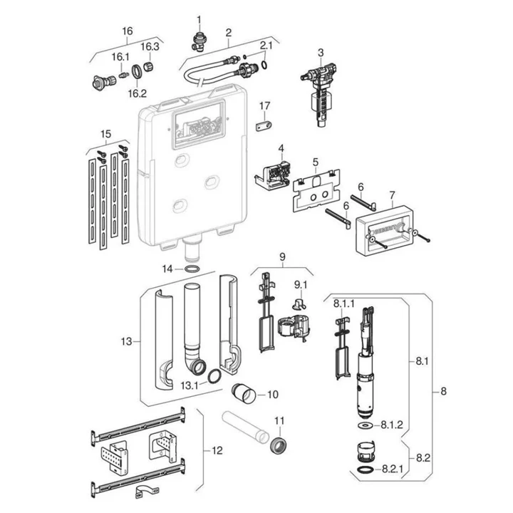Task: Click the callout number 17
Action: pyautogui.click(x=264, y=105)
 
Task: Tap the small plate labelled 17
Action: pyautogui.click(x=264, y=125)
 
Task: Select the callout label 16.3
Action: pyautogui.click(x=150, y=47)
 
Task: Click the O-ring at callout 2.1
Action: pyautogui.click(x=264, y=65)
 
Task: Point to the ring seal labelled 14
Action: pyautogui.click(x=192, y=269)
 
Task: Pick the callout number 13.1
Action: pyautogui.click(x=190, y=385)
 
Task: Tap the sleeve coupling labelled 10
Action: pyautogui.click(x=244, y=393)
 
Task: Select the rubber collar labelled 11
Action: pyautogui.click(x=279, y=442)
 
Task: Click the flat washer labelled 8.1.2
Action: pyautogui.click(x=365, y=425)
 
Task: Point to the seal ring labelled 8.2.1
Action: pyautogui.click(x=365, y=470)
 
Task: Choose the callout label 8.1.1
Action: pyautogui.click(x=344, y=304)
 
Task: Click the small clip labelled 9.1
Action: pyautogui.click(x=298, y=304)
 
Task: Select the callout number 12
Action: pyautogui.click(x=217, y=450)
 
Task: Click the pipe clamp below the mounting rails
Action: pyautogui.click(x=147, y=492)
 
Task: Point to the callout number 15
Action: pyautogui.click(x=105, y=134)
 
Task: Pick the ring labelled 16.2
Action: pyautogui.click(x=137, y=71)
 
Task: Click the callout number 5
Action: pyautogui.click(x=315, y=162)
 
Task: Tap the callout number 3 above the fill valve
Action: pyautogui.click(x=321, y=52)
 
